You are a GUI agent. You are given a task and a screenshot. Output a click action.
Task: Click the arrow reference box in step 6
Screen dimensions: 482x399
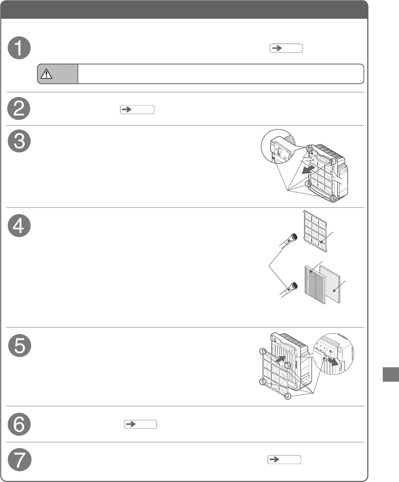140,424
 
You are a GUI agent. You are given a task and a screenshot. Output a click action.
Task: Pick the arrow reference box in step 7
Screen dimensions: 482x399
284,460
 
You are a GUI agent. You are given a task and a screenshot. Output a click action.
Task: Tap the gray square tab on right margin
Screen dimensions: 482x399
390,374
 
